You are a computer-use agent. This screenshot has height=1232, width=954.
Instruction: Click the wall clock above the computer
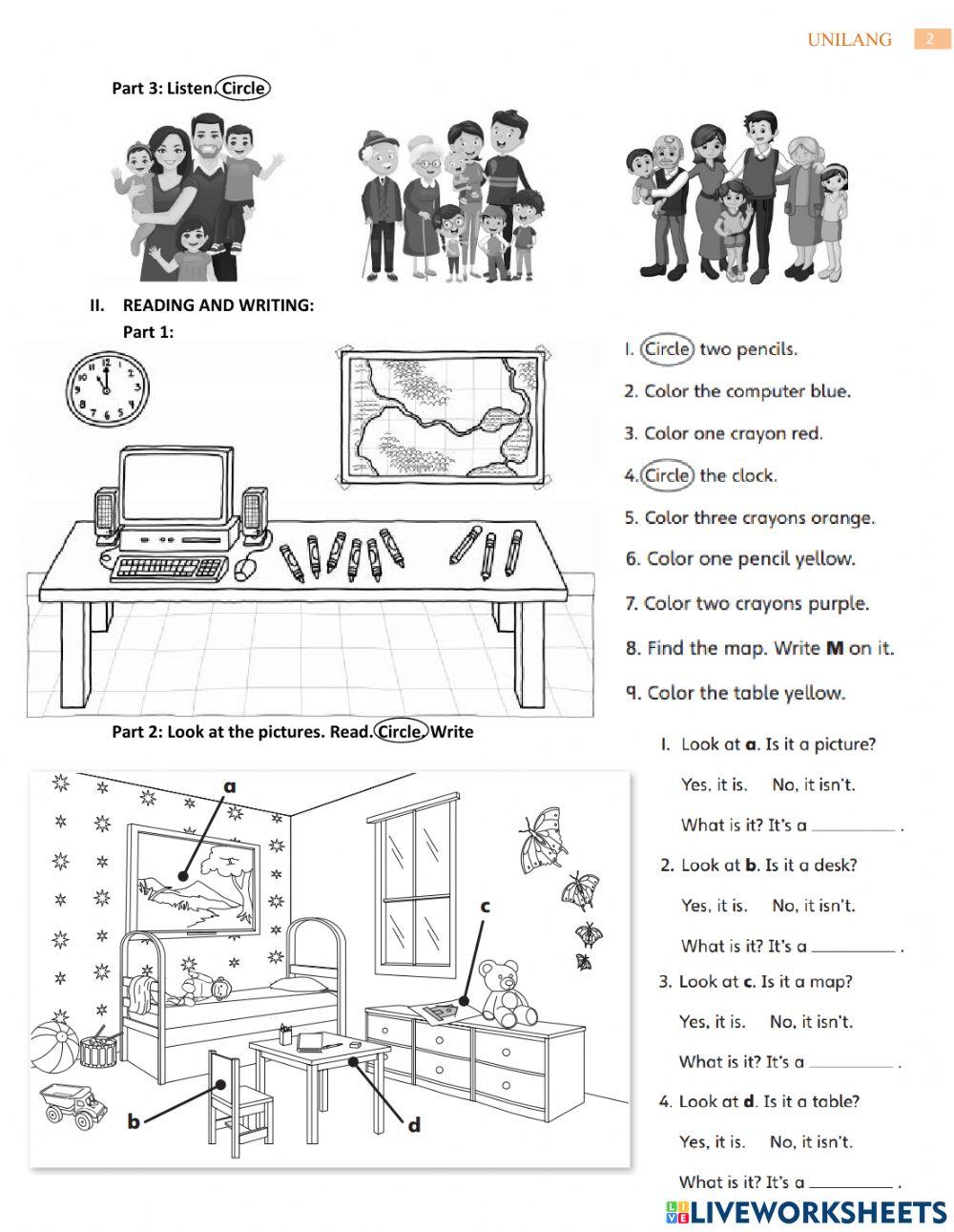coord(107,387)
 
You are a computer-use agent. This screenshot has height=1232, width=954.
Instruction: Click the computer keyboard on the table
coord(169,569)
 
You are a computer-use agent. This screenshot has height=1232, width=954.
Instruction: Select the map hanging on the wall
coord(442,415)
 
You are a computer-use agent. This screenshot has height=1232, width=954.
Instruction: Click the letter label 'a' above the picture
coord(229,786)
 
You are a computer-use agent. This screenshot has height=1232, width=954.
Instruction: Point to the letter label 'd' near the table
coord(414,1126)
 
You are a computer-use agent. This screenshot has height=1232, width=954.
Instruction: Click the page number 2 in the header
coord(930,38)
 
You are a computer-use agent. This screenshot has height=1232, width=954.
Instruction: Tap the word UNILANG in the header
coord(849,39)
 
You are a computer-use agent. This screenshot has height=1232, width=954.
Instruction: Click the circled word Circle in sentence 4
coord(667,475)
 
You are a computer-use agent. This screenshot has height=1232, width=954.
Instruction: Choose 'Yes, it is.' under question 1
coord(714,784)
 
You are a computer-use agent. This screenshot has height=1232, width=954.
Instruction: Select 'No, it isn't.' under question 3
coord(811,1021)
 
